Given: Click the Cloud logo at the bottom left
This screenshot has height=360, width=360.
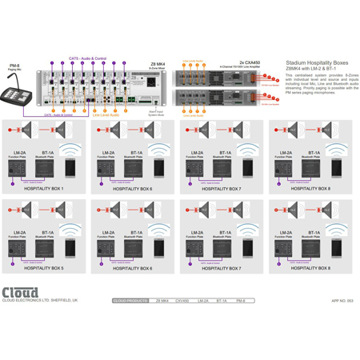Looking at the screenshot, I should pyautogui.click(x=21, y=291).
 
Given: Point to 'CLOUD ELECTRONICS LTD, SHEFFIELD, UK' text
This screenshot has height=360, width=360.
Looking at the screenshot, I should pyautogui.click(x=40, y=300).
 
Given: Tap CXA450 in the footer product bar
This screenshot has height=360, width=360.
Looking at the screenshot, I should pyautogui.click(x=182, y=301).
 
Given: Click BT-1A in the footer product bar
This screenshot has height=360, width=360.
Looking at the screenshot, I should pyautogui.click(x=221, y=301).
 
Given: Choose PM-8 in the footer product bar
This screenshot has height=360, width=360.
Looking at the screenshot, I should pyautogui.click(x=240, y=301).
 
